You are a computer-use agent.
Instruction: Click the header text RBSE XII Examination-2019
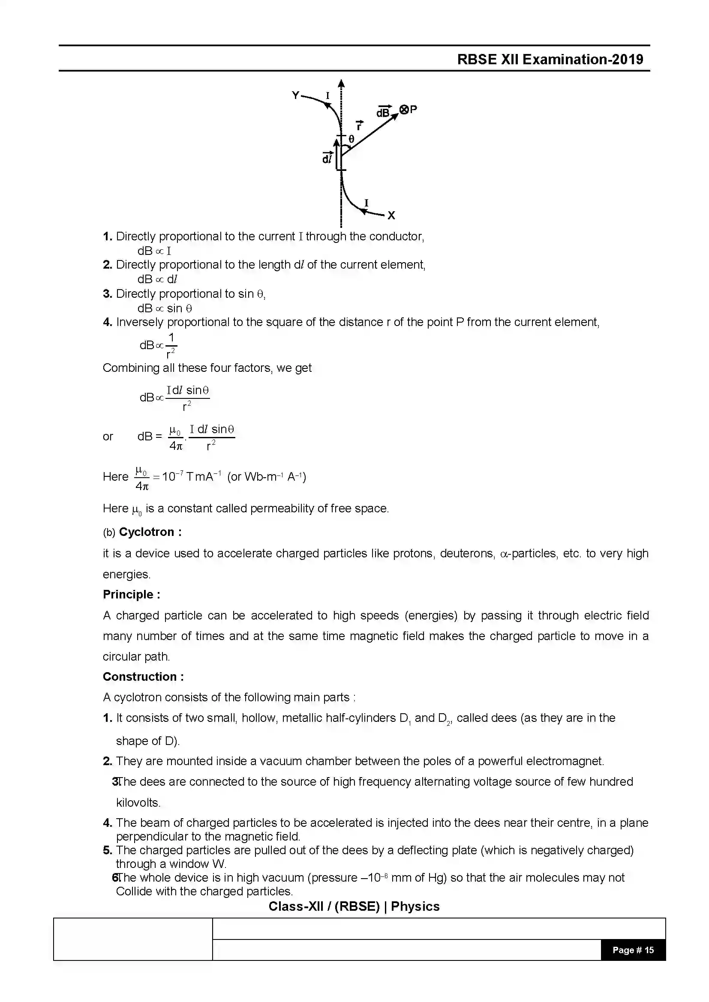coord(550,60)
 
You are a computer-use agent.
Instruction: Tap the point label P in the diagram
coord(413,109)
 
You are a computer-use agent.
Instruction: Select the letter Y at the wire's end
coord(296,95)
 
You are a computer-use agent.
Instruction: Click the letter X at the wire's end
coord(391,215)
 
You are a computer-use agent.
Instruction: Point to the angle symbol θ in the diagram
coord(351,140)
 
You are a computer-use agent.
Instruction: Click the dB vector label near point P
coord(383,112)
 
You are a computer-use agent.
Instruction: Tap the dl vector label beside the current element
coord(327,158)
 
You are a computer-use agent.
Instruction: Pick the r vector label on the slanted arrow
coord(359,126)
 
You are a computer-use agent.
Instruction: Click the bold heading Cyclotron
coord(147,532)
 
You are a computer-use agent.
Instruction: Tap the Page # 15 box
coord(633,950)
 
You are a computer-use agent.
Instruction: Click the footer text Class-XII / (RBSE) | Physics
coord(354,906)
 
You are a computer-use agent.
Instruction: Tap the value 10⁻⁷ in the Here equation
coord(172,476)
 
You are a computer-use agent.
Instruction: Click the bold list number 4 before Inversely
coord(108,323)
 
